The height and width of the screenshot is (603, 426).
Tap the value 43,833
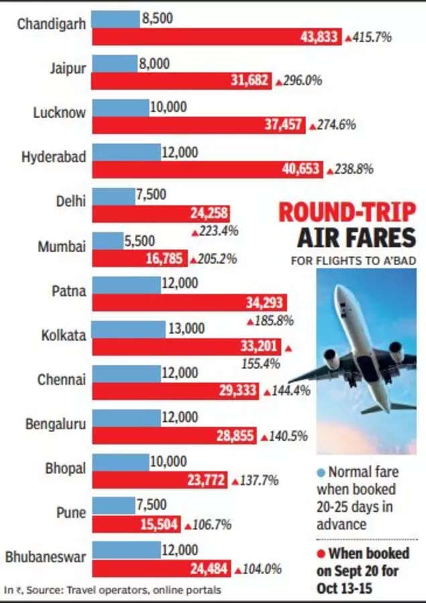[x=319, y=38]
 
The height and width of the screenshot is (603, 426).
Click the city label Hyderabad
[x=54, y=157]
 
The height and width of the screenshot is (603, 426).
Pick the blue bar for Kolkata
[x=128, y=329]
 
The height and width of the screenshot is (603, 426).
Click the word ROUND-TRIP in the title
[x=347, y=213]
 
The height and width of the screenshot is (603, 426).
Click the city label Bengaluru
[x=55, y=423]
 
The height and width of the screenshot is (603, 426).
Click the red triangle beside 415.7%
[x=348, y=38]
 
